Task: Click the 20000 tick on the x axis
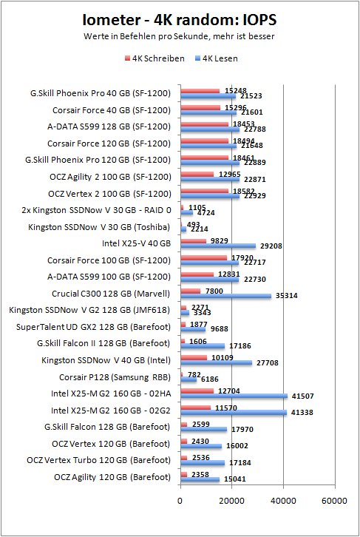(231, 500)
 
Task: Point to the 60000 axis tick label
(334, 500)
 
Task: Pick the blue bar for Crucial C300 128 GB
(225, 296)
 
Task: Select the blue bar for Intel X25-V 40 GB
(217, 246)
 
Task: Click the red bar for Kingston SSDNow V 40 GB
(193, 357)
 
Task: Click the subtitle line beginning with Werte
(179, 36)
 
